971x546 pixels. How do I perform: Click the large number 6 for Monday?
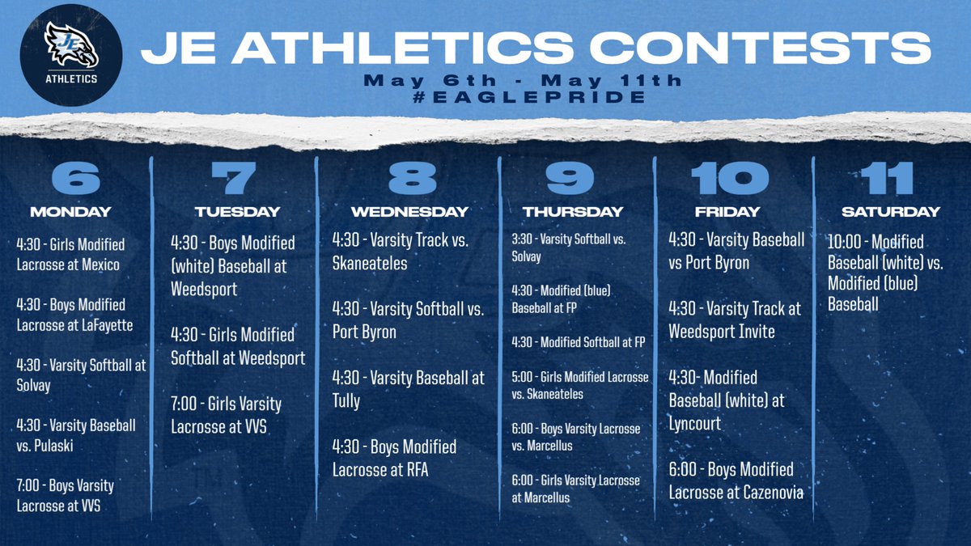70,178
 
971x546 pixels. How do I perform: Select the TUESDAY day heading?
237,212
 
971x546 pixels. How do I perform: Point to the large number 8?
409,178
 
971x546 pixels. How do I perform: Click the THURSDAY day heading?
573,212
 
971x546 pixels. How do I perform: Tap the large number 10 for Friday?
727,178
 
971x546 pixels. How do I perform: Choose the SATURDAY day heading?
891,212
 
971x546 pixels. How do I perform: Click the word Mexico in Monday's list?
101,264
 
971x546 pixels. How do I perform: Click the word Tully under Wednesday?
346,400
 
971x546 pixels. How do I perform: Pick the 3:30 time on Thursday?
523,239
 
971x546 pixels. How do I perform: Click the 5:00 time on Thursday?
523,377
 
